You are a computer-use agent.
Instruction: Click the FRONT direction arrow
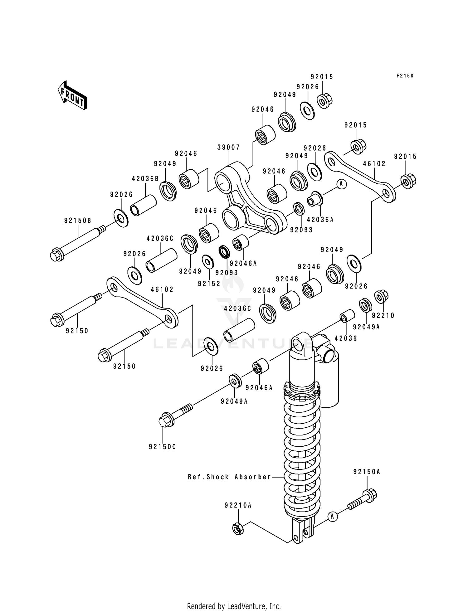pyautogui.click(x=72, y=95)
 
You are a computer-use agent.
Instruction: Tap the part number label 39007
pyautogui.click(x=229, y=147)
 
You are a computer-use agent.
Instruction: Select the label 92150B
pyautogui.click(x=78, y=221)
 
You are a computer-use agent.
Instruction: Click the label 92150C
pyautogui.click(x=162, y=447)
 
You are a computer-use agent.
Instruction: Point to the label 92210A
pyautogui.click(x=238, y=505)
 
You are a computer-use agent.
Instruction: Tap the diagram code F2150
pyautogui.click(x=405, y=76)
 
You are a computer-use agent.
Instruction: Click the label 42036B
pyautogui.click(x=145, y=179)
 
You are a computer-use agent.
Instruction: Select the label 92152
pyautogui.click(x=209, y=284)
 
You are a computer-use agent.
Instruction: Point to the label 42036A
pyautogui.click(x=320, y=220)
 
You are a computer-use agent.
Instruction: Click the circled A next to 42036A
pyautogui.click(x=341, y=184)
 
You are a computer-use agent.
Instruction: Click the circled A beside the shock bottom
pyautogui.click(x=332, y=517)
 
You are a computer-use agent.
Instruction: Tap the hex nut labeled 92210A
pyautogui.click(x=237, y=528)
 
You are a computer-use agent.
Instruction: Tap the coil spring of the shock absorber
pyautogui.click(x=302, y=452)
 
